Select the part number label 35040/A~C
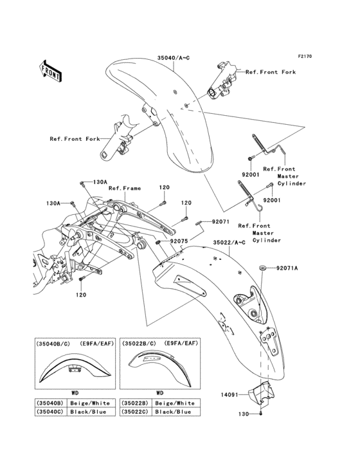(174, 58)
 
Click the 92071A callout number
(287, 268)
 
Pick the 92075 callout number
(179, 243)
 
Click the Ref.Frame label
(123, 189)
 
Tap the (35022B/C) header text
(139, 344)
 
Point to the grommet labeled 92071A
(262, 268)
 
